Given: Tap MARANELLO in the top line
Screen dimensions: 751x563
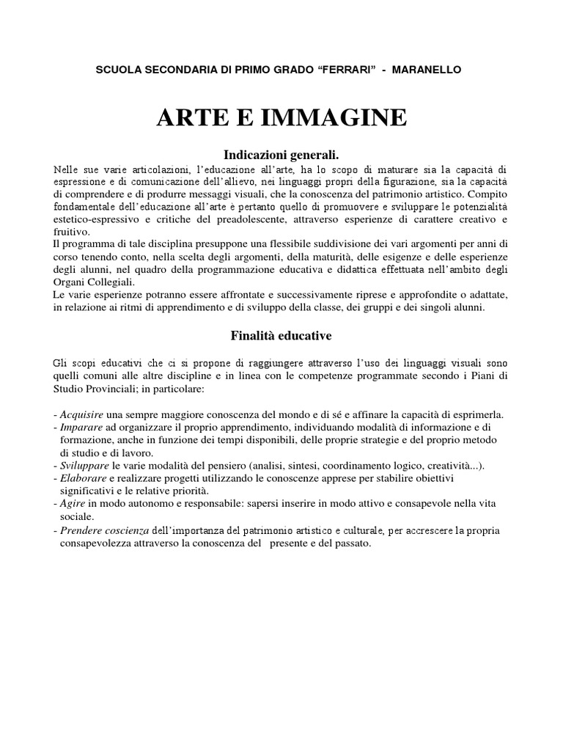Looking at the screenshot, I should (428, 69).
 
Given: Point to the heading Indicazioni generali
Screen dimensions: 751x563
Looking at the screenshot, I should (281, 155).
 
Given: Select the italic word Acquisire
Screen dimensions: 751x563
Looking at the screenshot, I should (83, 414).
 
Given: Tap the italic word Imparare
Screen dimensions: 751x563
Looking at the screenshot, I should (82, 427).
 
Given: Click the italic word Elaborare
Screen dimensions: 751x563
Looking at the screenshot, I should (84, 478).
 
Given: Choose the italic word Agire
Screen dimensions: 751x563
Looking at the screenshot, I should (73, 504).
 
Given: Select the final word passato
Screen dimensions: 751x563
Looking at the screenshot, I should (353, 543).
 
